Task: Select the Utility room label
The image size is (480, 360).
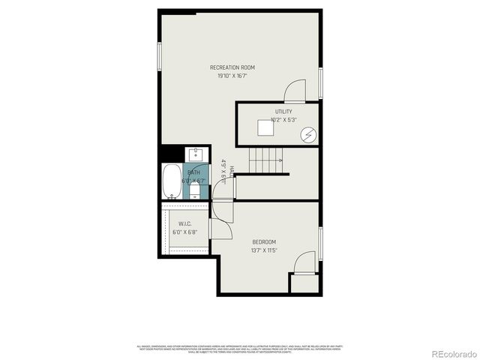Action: coord(283,112)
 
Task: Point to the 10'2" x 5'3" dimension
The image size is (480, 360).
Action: coord(283,120)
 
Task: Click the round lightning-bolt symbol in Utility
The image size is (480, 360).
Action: coord(308,135)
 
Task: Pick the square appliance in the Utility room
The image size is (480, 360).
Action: coord(265,129)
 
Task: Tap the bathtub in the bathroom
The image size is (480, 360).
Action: coord(171,181)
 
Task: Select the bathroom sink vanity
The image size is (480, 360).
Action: coord(195,154)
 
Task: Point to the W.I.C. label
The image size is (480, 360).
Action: coord(186,224)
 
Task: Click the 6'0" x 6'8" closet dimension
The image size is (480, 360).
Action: coord(186,232)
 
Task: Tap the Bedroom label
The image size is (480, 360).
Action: coord(264,241)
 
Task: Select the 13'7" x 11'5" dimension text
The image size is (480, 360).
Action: coord(264,250)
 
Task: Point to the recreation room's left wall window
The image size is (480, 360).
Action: coord(159,57)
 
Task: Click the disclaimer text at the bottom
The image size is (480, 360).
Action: coord(239,349)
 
